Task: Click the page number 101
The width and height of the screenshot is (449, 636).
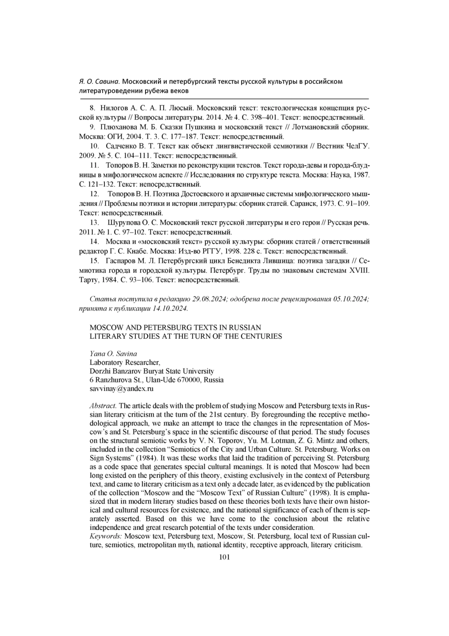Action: (224, 557)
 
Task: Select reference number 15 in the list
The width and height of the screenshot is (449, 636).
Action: (94, 260)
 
